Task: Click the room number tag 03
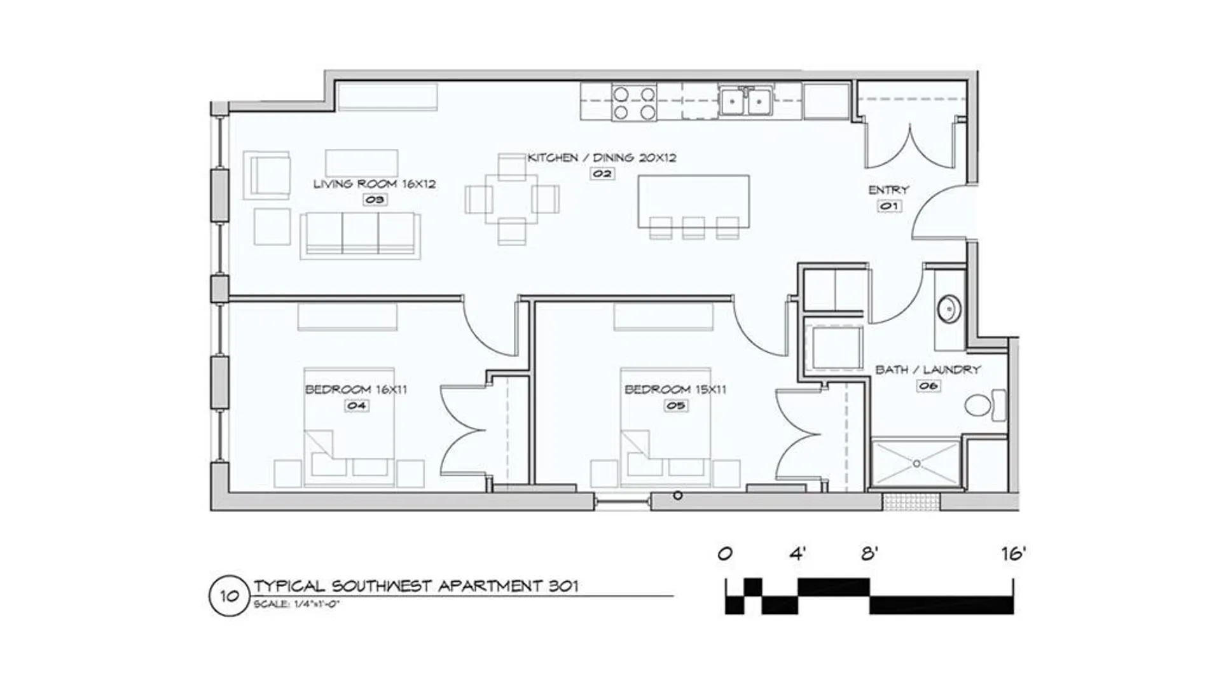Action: point(375,200)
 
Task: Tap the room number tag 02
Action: point(602,173)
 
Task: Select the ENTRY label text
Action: point(888,190)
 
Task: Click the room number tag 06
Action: point(928,385)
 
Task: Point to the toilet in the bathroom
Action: point(985,405)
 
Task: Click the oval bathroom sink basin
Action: point(949,309)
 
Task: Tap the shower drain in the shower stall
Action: point(916,464)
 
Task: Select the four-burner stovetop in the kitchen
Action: point(634,103)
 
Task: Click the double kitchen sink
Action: point(746,101)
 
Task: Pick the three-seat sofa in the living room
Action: point(361,235)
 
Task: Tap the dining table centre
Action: point(512,199)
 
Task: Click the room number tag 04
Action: point(356,405)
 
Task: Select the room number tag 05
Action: point(675,405)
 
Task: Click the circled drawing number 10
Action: point(229,596)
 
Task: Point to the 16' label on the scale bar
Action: point(1014,553)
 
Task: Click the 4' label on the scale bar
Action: point(797,553)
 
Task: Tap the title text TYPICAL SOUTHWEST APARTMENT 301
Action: point(416,586)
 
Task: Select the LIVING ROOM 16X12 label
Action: point(375,184)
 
